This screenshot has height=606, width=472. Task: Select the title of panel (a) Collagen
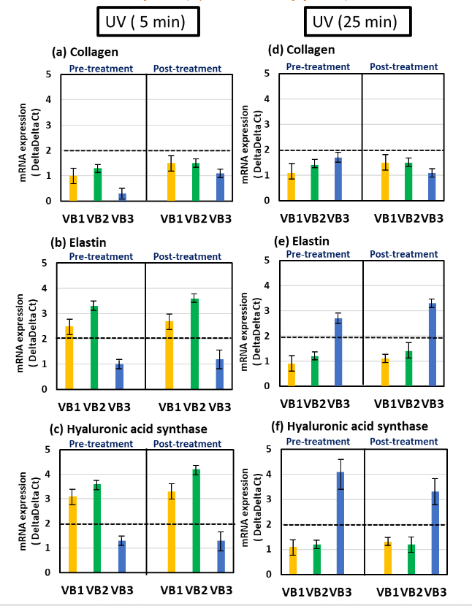tap(85, 52)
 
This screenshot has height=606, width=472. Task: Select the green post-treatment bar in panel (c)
tap(195, 521)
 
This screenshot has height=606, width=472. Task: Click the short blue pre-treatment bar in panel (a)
tap(122, 197)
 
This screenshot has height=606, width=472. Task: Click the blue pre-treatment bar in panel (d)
tap(338, 180)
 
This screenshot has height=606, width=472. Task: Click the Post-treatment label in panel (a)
tap(187, 69)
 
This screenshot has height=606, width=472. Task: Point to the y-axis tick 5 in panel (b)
tap(45, 264)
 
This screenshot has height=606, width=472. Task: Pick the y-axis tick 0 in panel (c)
tap(45, 573)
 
